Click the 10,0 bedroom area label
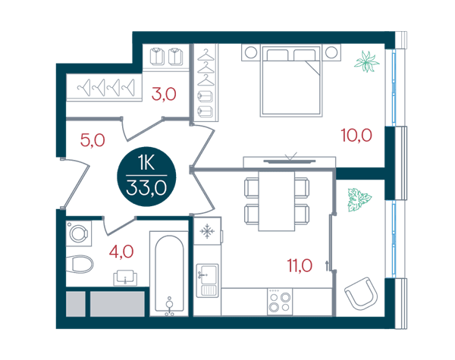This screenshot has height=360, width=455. (356, 135)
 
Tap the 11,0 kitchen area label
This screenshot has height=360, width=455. (300, 265)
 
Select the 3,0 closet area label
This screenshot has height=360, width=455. (164, 94)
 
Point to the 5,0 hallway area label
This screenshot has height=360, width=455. (93, 140)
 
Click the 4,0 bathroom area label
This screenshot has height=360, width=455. (121, 252)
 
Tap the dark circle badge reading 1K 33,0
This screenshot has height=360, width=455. (146, 177)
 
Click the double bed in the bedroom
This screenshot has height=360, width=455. (291, 80)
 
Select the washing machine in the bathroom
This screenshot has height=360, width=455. (78, 233)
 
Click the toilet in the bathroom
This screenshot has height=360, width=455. (80, 264)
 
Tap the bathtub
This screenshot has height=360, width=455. (169, 274)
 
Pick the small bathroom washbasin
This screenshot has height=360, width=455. (125, 278)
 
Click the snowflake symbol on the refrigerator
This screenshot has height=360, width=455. (207, 231)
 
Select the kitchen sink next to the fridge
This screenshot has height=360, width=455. (208, 280)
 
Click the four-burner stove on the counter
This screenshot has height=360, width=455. (280, 302)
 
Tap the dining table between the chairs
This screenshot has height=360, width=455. (277, 202)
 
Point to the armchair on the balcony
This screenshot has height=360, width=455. (362, 293)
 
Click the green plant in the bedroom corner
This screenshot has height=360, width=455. (367, 61)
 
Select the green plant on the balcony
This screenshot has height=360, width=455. (359, 200)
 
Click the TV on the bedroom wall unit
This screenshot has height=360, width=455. (290, 161)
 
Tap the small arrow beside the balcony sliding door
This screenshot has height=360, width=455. (328, 266)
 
